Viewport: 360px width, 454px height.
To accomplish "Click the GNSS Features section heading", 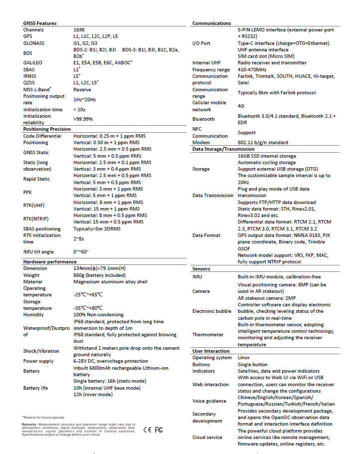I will pos(40,23).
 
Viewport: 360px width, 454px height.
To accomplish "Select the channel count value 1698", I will pos(79,30).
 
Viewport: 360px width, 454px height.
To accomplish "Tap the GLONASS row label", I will pos(34,43).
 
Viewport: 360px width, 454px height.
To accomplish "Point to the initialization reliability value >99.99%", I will pos(83,119).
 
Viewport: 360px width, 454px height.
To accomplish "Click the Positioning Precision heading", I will pos(47,129).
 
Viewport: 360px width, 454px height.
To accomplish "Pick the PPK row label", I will pos(27,192).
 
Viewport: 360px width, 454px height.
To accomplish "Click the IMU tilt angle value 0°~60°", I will pos(81,252).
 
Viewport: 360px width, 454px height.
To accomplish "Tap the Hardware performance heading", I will pos(50,261).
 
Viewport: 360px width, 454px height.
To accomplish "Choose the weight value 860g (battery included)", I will pos(99,275).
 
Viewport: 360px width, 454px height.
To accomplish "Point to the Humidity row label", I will pos(33,315).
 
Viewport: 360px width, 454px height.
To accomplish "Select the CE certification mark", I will pos(148,430).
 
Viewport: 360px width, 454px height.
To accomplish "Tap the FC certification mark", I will pos(159,430).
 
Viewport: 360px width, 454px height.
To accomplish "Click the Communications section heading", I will pos(211,23).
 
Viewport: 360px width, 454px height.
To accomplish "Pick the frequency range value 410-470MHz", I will pos(253,70).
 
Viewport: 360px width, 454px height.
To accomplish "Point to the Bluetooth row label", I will pos(203,119).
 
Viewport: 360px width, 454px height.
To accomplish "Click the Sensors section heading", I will pos(201,268).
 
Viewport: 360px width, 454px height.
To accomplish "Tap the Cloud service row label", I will pos(207,437).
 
